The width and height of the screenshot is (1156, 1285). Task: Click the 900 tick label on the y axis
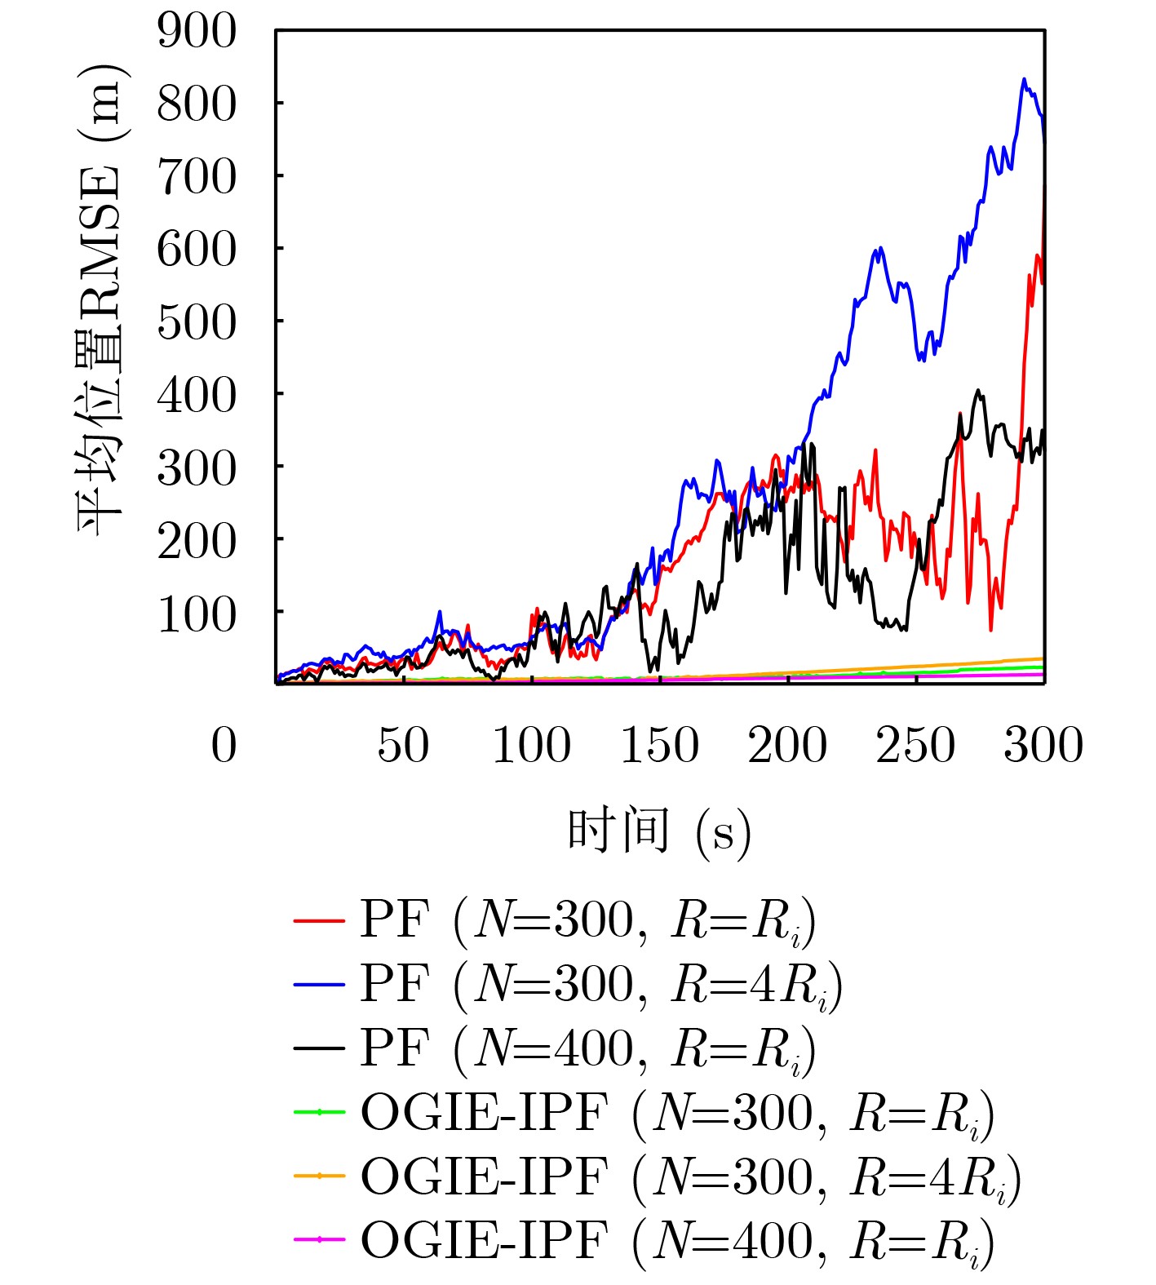(197, 32)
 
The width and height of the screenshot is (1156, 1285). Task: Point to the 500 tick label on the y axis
(197, 323)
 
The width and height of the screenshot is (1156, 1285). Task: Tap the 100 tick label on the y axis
(197, 614)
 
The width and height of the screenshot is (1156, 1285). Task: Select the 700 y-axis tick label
(197, 177)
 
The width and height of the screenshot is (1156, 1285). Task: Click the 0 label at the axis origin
(224, 746)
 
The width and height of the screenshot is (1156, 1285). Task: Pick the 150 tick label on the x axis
(659, 746)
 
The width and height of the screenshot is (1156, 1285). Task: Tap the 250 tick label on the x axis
(915, 746)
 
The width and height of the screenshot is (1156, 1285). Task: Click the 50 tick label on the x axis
(403, 746)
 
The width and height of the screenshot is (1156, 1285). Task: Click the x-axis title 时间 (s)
(659, 832)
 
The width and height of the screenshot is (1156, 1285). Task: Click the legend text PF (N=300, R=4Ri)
(600, 985)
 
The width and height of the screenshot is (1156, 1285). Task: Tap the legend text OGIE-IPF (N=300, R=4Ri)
(690, 1177)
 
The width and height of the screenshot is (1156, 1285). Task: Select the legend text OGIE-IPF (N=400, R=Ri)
(677, 1241)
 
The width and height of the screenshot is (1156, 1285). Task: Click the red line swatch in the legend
(319, 920)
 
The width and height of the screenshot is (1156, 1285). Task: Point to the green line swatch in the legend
(319, 1112)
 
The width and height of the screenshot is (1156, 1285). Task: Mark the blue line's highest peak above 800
(1024, 79)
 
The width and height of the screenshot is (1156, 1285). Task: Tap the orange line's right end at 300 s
(1043, 658)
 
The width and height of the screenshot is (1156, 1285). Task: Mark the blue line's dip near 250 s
(923, 359)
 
